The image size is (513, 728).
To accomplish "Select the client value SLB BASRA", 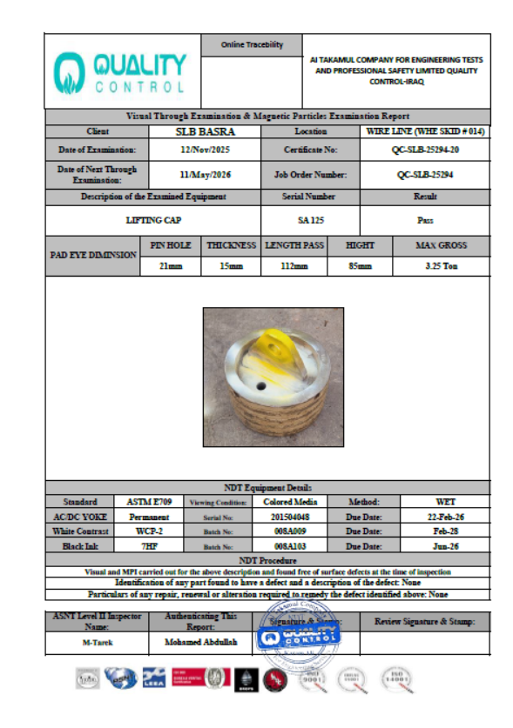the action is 206,132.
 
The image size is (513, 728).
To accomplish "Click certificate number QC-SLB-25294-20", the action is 425,150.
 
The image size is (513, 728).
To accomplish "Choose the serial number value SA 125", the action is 310,221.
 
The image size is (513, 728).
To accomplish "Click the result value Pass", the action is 425,221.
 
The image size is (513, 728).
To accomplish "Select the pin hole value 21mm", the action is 170,266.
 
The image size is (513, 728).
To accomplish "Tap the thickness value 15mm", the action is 231,266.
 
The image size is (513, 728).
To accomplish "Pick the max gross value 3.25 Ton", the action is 442,266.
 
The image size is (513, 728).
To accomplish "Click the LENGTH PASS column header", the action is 294,246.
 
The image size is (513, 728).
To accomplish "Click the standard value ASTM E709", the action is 138,502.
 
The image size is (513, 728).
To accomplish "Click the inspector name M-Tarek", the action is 98,644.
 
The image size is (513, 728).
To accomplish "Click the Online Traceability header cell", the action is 252,44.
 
